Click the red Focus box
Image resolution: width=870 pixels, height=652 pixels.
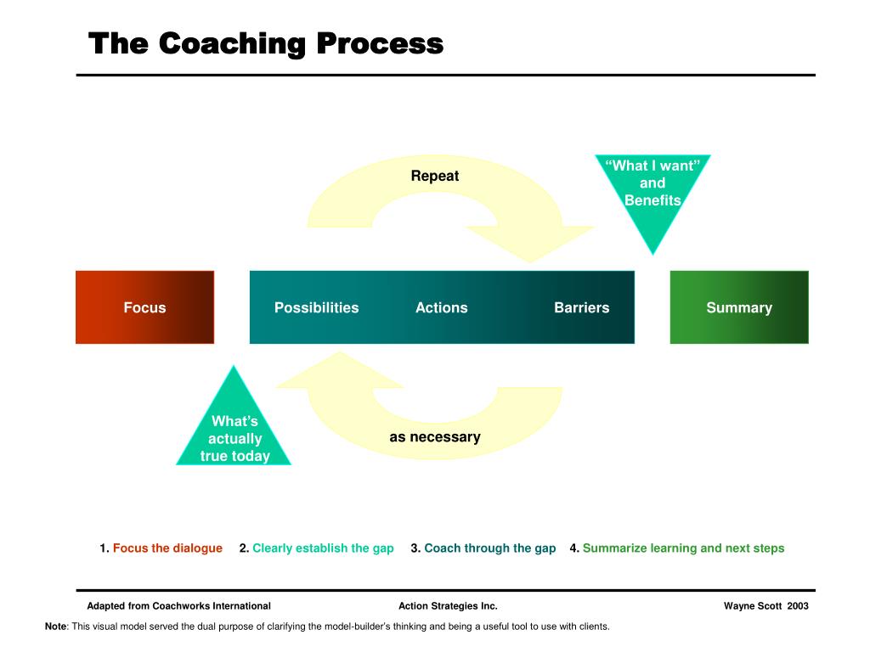pyautogui.click(x=144, y=307)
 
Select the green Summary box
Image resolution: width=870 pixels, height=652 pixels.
pyautogui.click(x=739, y=307)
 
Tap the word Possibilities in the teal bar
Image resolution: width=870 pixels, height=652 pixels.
pyautogui.click(x=316, y=307)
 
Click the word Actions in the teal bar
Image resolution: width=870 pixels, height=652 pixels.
pyautogui.click(x=441, y=307)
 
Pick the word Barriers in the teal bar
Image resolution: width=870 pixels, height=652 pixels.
pyautogui.click(x=581, y=307)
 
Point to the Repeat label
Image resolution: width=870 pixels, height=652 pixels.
pyautogui.click(x=434, y=176)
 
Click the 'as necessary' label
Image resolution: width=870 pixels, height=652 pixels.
pyautogui.click(x=435, y=437)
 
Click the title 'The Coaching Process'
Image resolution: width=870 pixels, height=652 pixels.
pyautogui.click(x=266, y=43)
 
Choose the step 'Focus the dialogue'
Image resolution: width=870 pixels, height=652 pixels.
pyautogui.click(x=167, y=548)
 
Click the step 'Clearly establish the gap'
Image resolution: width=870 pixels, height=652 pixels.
pyautogui.click(x=323, y=548)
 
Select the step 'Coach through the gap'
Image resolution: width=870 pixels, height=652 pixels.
pyautogui.click(x=489, y=548)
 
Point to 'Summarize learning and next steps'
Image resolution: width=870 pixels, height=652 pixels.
pyautogui.click(x=683, y=548)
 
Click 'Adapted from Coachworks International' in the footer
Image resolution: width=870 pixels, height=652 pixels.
pyautogui.click(x=178, y=606)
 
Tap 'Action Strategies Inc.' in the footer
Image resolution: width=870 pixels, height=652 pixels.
pyautogui.click(x=448, y=606)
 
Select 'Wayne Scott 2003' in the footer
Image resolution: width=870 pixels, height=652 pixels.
pyautogui.click(x=765, y=606)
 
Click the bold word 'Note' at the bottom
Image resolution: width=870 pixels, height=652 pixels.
pyautogui.click(x=55, y=627)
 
